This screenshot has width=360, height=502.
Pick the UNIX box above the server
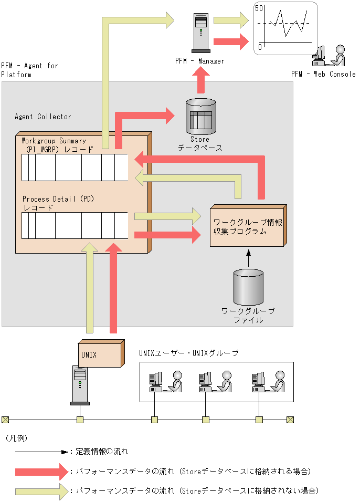[100, 354]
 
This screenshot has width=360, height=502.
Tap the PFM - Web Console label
[323, 74]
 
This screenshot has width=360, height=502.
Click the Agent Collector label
[43, 117]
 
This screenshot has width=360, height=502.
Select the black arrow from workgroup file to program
[249, 258]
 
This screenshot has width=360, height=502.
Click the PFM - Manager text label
[200, 61]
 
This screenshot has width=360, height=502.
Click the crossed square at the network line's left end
[5, 420]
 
